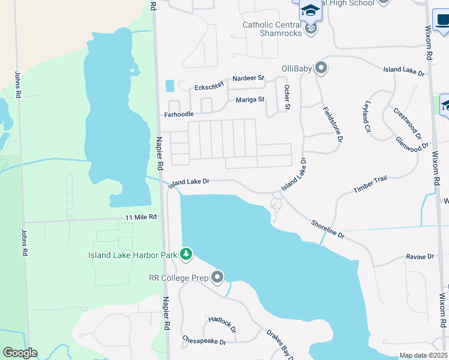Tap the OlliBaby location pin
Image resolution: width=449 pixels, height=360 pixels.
point(321,68)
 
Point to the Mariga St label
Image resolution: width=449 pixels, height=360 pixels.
point(250,100)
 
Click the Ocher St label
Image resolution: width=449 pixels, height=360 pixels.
point(287,97)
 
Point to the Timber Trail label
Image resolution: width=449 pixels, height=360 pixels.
point(370,184)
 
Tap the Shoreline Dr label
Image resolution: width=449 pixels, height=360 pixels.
point(328,229)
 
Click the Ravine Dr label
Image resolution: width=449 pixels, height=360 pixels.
point(420,257)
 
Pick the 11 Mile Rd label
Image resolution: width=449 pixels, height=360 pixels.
point(141,217)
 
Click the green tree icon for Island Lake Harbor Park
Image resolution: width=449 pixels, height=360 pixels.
point(187,254)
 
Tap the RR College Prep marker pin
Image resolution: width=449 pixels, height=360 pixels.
point(217,277)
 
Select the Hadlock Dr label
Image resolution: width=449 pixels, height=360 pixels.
point(223,325)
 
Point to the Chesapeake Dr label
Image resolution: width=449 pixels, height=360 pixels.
point(204,341)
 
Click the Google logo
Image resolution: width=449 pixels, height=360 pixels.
point(20,353)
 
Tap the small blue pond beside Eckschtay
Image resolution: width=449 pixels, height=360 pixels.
point(170,86)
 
